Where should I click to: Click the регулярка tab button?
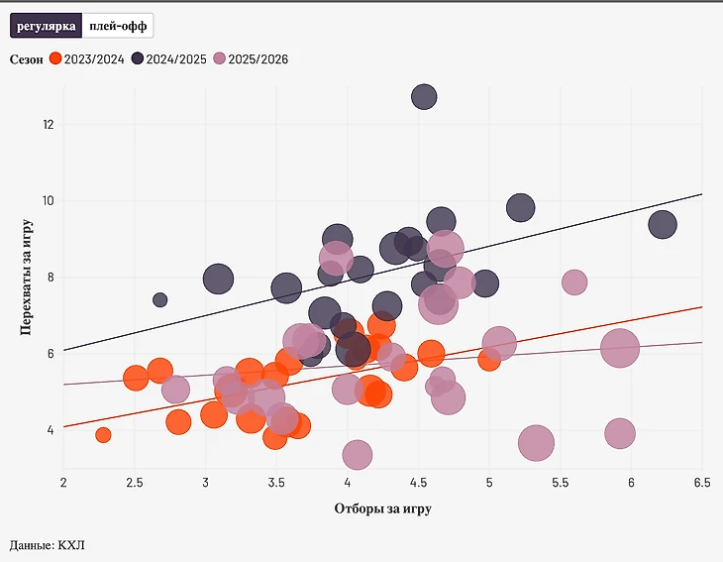tap(46, 26)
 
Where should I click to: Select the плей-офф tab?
tap(117, 26)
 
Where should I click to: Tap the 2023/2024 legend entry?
tap(88, 59)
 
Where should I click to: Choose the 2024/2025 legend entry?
tap(169, 59)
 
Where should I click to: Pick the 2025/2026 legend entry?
tap(252, 59)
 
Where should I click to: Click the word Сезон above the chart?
tap(27, 59)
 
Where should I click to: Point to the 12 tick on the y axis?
tap(48, 124)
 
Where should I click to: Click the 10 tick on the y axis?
tap(48, 200)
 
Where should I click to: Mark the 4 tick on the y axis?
tap(48, 430)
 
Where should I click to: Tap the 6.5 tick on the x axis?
tap(701, 483)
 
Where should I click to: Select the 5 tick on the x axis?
tap(489, 483)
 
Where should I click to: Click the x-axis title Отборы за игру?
tap(382, 508)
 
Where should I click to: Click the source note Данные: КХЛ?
tap(48, 544)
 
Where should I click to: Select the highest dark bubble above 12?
tap(424, 97)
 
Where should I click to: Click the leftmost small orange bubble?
tap(103, 435)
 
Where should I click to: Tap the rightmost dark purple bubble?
tap(662, 225)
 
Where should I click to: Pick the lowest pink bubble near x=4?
tap(358, 455)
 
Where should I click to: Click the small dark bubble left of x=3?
tap(160, 299)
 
